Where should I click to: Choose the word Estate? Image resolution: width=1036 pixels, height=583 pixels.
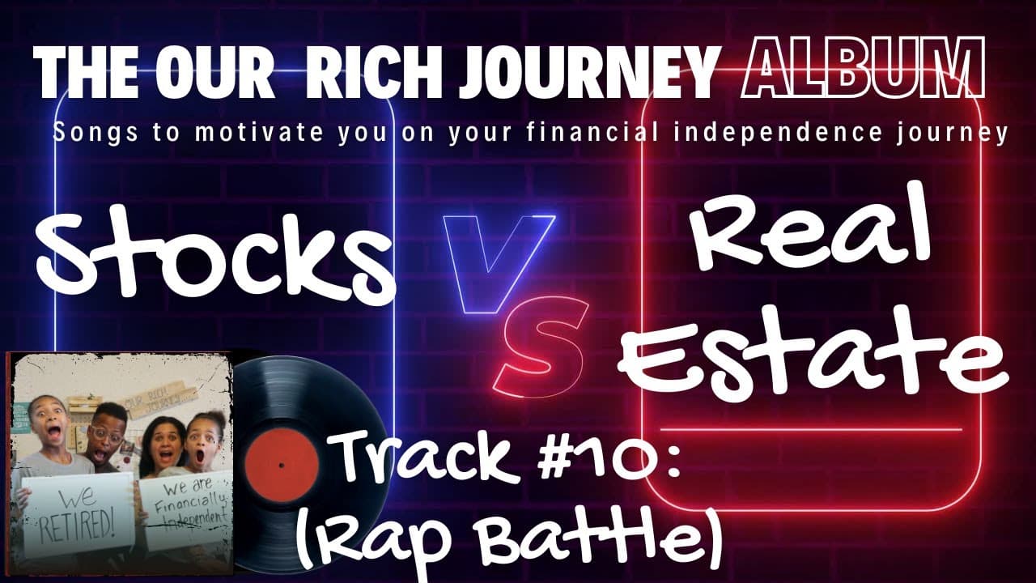(817, 356)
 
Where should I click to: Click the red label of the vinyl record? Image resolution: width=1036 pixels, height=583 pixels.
(279, 466)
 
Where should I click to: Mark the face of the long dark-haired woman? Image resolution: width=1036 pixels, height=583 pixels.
(159, 445)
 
